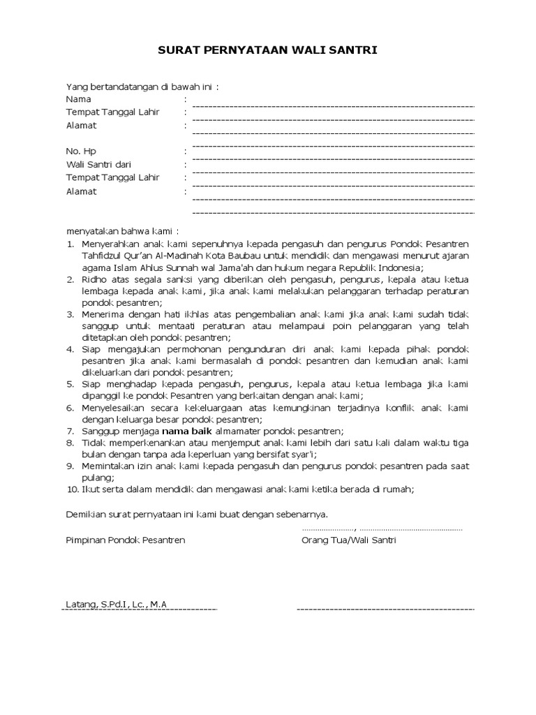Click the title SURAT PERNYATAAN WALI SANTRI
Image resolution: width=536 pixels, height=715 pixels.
click(x=267, y=50)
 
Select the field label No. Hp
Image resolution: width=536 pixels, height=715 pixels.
click(x=81, y=151)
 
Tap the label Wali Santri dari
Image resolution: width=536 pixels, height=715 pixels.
click(x=98, y=164)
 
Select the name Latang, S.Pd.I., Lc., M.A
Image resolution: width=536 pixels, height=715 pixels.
click(x=117, y=604)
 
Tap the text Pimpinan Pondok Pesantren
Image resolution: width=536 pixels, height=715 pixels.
click(x=126, y=540)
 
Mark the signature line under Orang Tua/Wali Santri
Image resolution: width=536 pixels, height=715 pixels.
click(x=385, y=609)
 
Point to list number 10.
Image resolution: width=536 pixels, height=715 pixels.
click(x=72, y=489)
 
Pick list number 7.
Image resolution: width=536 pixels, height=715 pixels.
click(x=70, y=432)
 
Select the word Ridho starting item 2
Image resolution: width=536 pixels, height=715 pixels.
click(x=94, y=279)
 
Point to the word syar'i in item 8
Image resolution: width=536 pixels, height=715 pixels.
click(x=303, y=454)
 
